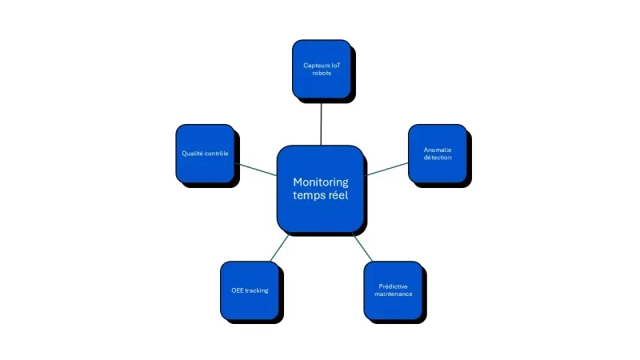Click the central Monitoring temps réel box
pyautogui.click(x=320, y=189)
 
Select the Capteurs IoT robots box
pyautogui.click(x=321, y=69)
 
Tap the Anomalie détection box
pyautogui.click(x=438, y=153)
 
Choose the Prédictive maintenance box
pyautogui.click(x=393, y=290)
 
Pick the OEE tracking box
pyautogui.click(x=249, y=290)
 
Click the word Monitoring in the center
pyautogui.click(x=320, y=182)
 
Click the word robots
pyautogui.click(x=321, y=73)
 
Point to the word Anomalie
pyautogui.click(x=438, y=149)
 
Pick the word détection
pyautogui.click(x=438, y=158)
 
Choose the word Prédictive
pyautogui.click(x=393, y=286)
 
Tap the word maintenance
pyautogui.click(x=393, y=294)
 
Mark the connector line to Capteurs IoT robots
pyautogui.click(x=321, y=122)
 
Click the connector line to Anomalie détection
pyautogui.click(x=386, y=168)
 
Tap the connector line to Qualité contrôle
pyautogui.click(x=255, y=168)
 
